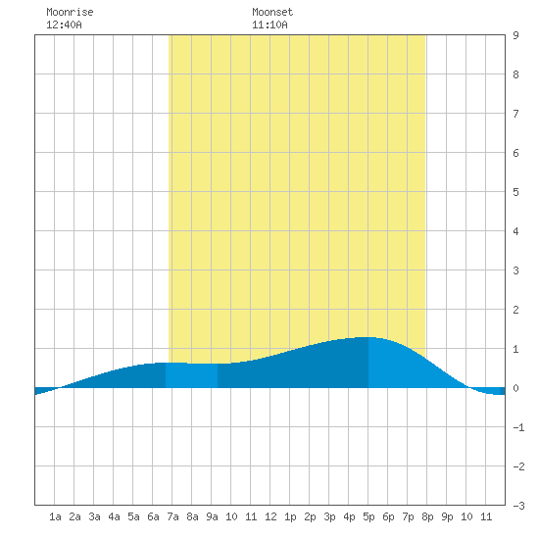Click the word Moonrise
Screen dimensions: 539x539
(x=70, y=12)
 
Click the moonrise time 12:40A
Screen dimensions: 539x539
(x=64, y=24)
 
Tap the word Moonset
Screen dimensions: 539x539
(x=272, y=12)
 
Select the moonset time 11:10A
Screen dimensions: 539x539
(x=269, y=24)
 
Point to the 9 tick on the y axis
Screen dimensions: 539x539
(x=515, y=35)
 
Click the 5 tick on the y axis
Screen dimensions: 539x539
(x=515, y=192)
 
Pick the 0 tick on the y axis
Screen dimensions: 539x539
(x=515, y=388)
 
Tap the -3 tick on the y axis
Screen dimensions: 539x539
(x=518, y=506)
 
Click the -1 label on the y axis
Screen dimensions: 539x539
(x=518, y=427)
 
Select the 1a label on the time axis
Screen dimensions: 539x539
(x=55, y=516)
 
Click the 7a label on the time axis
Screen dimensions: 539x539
(x=172, y=516)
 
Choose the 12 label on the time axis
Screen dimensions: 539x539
(x=270, y=516)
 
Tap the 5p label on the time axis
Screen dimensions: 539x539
(x=368, y=516)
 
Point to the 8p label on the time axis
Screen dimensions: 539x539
(x=427, y=516)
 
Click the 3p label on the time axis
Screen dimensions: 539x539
(x=329, y=516)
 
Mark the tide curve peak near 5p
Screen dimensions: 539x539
(x=366, y=337)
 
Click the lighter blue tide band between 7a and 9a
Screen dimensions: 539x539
(x=191, y=375)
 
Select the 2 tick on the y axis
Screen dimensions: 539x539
(x=515, y=310)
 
